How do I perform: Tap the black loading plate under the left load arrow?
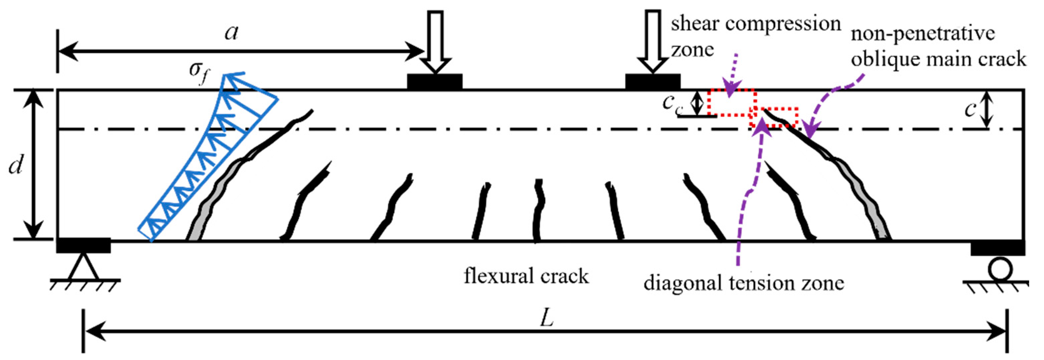(435, 81)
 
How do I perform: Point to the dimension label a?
(232, 32)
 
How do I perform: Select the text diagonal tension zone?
(744, 283)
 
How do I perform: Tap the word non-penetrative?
(922, 33)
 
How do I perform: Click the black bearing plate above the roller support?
(997, 248)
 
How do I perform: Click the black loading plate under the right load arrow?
(652, 81)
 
